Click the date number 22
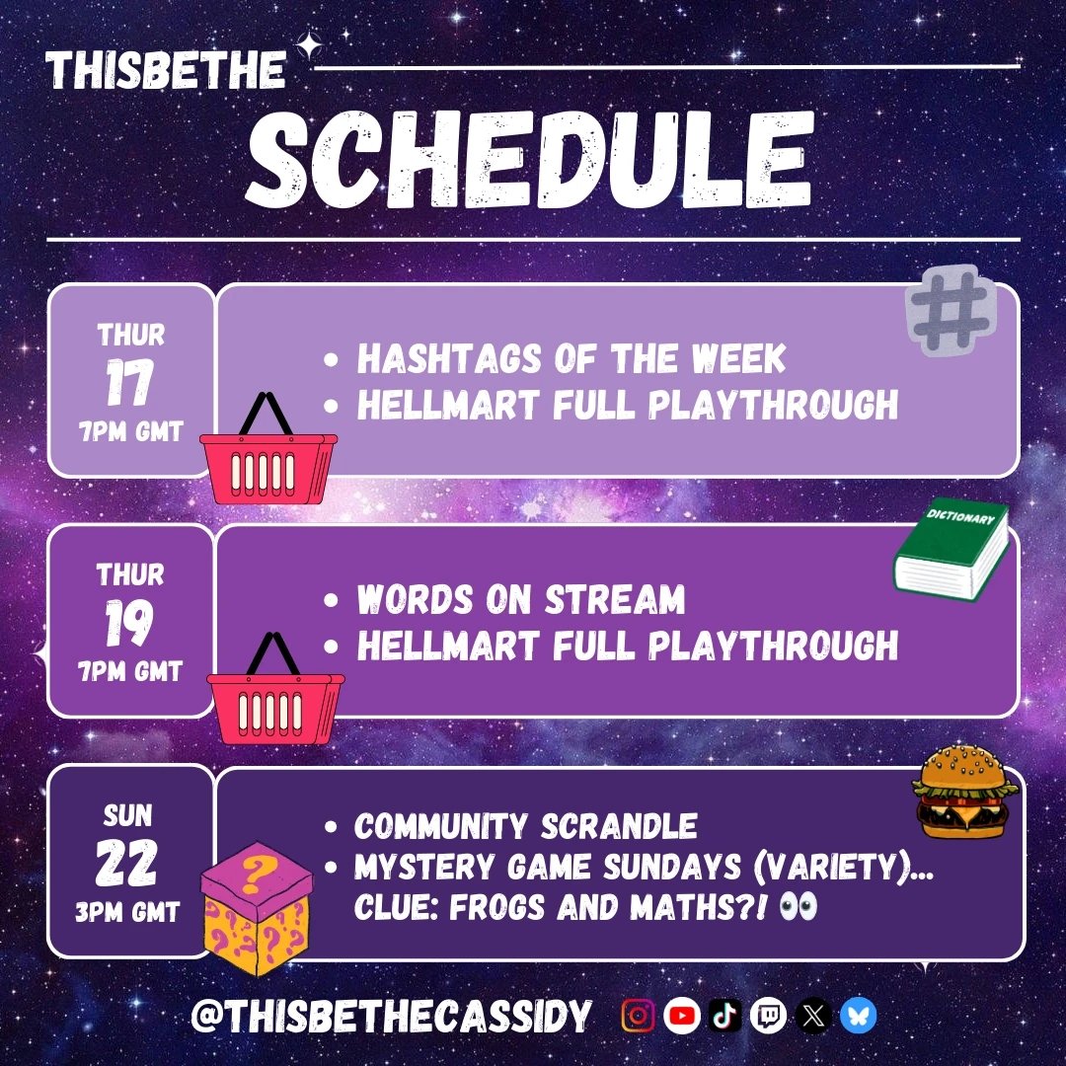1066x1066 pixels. tap(128, 864)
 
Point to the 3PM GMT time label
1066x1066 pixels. tap(129, 912)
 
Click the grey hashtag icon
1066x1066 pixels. tap(951, 310)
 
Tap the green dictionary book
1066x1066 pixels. tap(951, 550)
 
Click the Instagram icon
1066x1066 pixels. tap(638, 1016)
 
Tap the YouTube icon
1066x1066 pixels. tap(681, 1016)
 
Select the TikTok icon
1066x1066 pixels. tap(724, 1016)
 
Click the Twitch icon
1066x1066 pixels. tap(768, 1016)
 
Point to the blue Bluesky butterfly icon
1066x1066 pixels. tap(857, 1016)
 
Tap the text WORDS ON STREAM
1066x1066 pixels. tap(520, 599)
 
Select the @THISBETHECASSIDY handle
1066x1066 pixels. tap(391, 1016)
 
